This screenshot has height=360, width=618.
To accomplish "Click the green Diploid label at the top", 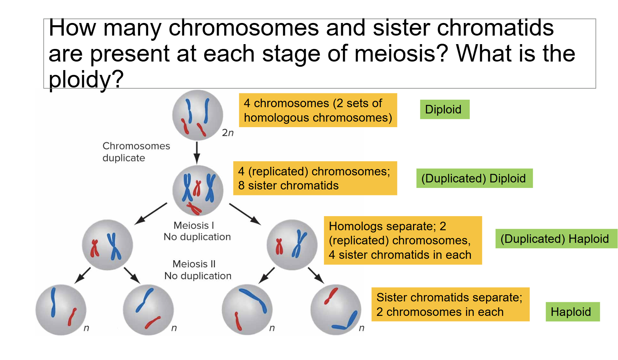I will pyautogui.click(x=444, y=109).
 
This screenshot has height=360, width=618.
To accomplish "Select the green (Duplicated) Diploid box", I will pyautogui.click(x=474, y=178).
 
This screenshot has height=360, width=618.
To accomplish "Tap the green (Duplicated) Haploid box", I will pyautogui.click(x=555, y=239).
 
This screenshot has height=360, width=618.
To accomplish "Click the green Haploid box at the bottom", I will pyautogui.click(x=572, y=312).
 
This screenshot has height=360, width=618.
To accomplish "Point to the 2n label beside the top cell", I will pyautogui.click(x=228, y=133).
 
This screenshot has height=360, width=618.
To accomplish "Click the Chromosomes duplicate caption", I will pyautogui.click(x=136, y=152).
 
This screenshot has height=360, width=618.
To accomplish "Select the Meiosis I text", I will pyautogui.click(x=194, y=225).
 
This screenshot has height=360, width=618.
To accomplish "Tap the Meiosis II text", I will pyautogui.click(x=194, y=264).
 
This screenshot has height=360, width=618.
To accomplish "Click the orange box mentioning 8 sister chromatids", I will pyautogui.click(x=315, y=178).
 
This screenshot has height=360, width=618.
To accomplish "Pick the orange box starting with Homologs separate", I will pyautogui.click(x=402, y=240).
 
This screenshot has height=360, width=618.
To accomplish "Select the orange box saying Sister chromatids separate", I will pyautogui.click(x=450, y=304).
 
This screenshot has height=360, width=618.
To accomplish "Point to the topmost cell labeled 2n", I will pyautogui.click(x=197, y=115).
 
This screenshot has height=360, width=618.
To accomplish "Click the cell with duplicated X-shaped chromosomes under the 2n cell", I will pyautogui.click(x=198, y=190).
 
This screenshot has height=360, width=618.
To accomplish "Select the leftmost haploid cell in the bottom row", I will pyautogui.click(x=61, y=310).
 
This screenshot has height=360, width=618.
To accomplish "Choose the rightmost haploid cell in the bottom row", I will pyautogui.click(x=336, y=310).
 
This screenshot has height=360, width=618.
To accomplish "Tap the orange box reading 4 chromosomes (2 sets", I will pyautogui.click(x=318, y=110).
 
